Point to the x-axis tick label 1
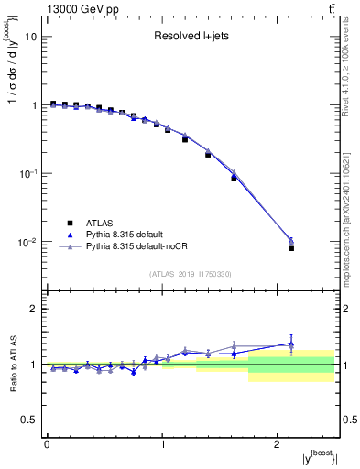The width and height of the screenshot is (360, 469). tap(162, 443)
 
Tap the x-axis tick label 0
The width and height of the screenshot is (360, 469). tap(47, 443)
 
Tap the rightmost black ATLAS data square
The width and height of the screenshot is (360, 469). tap(291, 248)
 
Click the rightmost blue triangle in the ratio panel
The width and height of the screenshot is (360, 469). tap(291, 344)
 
